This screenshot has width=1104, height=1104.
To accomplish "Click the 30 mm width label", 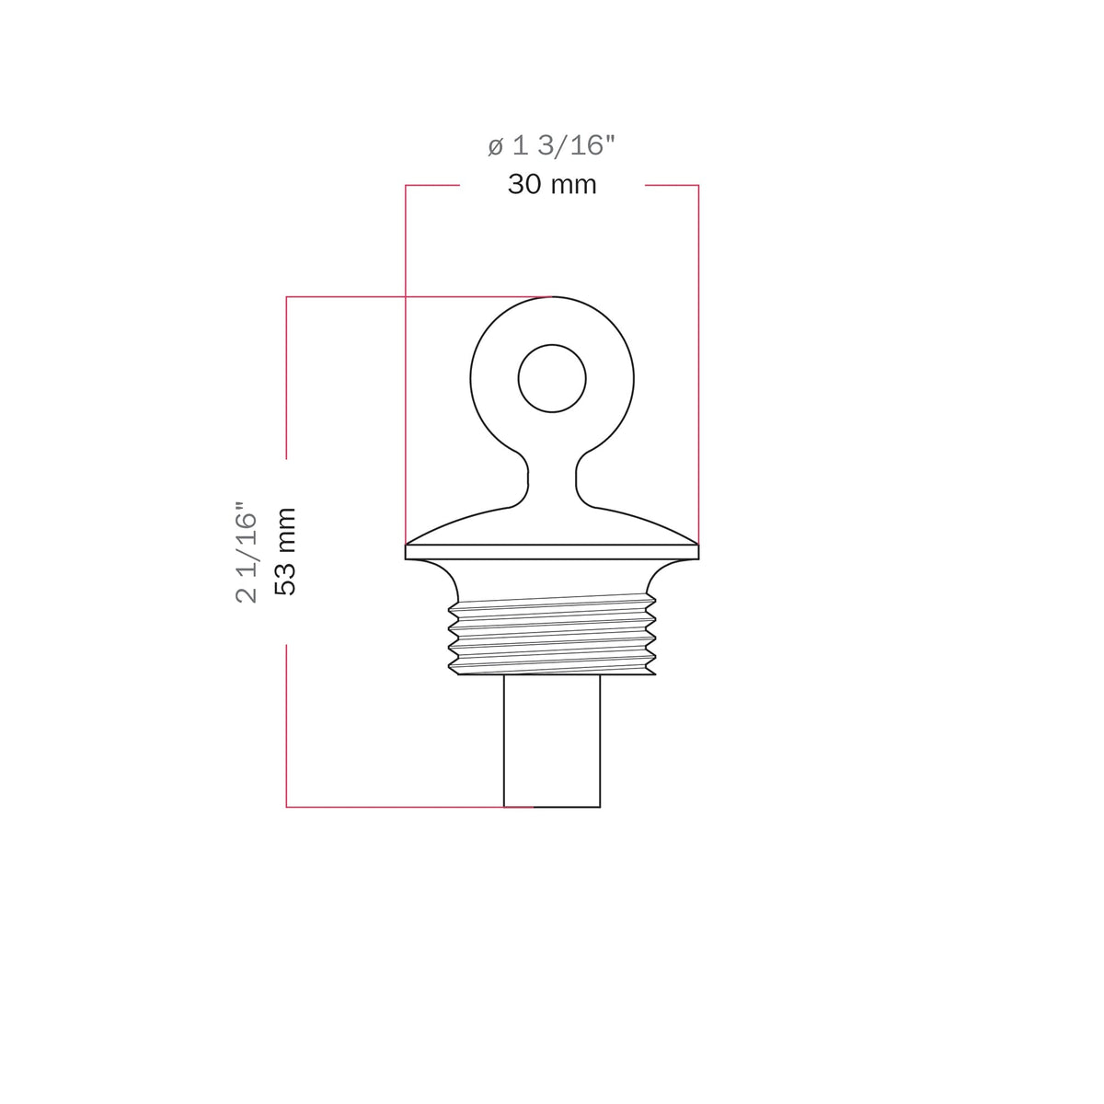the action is coord(552,185).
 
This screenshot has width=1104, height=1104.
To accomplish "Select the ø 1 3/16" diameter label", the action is coord(551,145).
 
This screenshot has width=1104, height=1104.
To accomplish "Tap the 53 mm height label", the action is coord(285,552).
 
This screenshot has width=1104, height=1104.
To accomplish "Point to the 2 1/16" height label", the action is coord(247,552).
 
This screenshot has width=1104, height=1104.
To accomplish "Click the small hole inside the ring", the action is coord(552,378).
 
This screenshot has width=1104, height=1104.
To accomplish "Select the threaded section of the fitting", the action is coord(552,634).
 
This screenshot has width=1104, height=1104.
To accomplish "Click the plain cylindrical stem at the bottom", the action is coord(552,741).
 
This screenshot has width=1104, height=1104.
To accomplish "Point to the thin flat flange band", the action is coord(552,552).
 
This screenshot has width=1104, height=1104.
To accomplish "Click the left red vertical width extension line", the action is coord(406,363).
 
